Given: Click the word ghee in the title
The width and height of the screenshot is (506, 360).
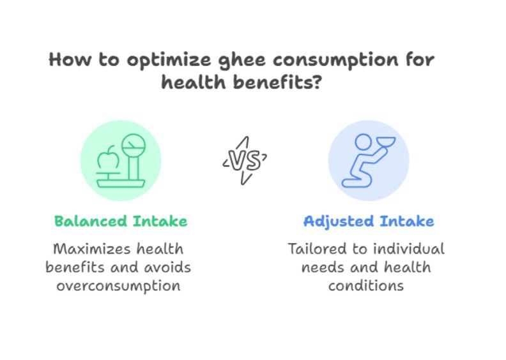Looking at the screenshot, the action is pyautogui.click(x=242, y=60).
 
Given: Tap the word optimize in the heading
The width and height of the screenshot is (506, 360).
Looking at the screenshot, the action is pyautogui.click(x=169, y=60).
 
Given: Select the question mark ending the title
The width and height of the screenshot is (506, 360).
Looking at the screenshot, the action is pyautogui.click(x=317, y=82).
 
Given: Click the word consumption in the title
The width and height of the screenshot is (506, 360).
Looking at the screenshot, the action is pyautogui.click(x=335, y=61).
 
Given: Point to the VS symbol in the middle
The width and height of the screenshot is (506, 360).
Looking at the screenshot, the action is pyautogui.click(x=245, y=160).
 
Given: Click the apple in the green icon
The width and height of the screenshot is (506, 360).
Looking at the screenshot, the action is pyautogui.click(x=108, y=158).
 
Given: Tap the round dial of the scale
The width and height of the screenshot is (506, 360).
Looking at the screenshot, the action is pyautogui.click(x=134, y=146).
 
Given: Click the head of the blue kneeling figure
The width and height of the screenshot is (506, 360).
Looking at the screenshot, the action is pyautogui.click(x=364, y=142).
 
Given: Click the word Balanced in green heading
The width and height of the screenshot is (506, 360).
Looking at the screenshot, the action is pyautogui.click(x=90, y=221).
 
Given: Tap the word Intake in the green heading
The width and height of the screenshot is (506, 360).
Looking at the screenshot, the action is pyautogui.click(x=160, y=221).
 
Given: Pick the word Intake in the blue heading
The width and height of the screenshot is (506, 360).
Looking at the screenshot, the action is pyautogui.click(x=407, y=221).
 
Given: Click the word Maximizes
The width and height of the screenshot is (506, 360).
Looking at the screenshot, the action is pyautogui.click(x=91, y=249).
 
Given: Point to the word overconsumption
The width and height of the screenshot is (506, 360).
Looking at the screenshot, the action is pyautogui.click(x=118, y=286).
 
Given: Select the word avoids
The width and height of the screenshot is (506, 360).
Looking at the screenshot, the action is pyautogui.click(x=167, y=267).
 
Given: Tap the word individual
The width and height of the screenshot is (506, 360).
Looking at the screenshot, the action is pyautogui.click(x=409, y=249).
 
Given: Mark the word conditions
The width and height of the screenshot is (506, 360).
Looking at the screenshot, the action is pyautogui.click(x=366, y=285).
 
